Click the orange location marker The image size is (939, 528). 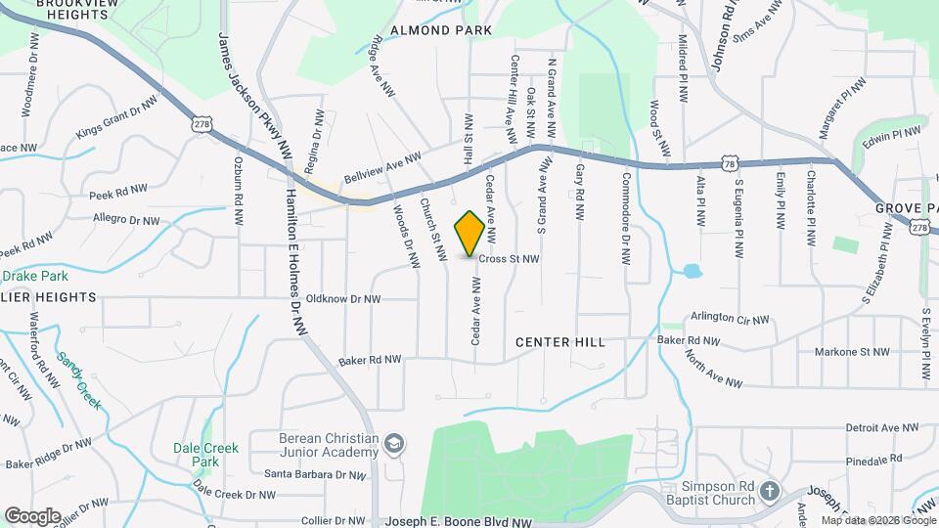(x=469, y=233)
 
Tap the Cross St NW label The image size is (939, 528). (x=510, y=259)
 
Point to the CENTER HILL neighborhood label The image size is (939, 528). (x=560, y=342)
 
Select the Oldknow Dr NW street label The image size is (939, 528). (x=342, y=299)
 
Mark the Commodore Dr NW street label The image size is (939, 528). (x=627, y=219)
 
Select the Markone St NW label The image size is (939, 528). (x=852, y=351)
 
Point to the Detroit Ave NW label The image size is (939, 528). (x=882, y=427)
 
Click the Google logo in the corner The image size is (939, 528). (x=32, y=515)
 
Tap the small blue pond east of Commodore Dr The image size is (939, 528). (x=692, y=271)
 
